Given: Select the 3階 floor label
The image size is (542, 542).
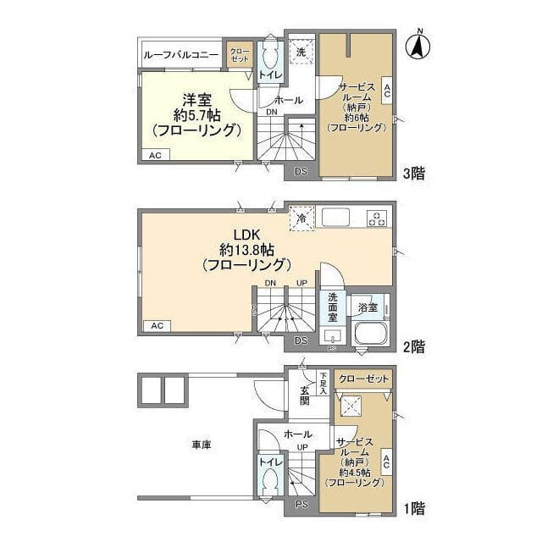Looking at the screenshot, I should [413, 173].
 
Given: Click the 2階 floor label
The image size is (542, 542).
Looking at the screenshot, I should [413, 346].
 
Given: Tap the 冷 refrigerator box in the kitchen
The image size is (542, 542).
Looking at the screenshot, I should [301, 218].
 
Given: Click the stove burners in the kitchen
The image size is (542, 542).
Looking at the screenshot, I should [376, 218].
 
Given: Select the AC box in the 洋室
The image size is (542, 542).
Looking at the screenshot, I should [155, 156].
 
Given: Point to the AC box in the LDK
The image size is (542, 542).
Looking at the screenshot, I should [157, 325].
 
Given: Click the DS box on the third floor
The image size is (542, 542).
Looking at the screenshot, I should [301, 172].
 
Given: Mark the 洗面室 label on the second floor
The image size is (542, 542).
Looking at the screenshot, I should [333, 307].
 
